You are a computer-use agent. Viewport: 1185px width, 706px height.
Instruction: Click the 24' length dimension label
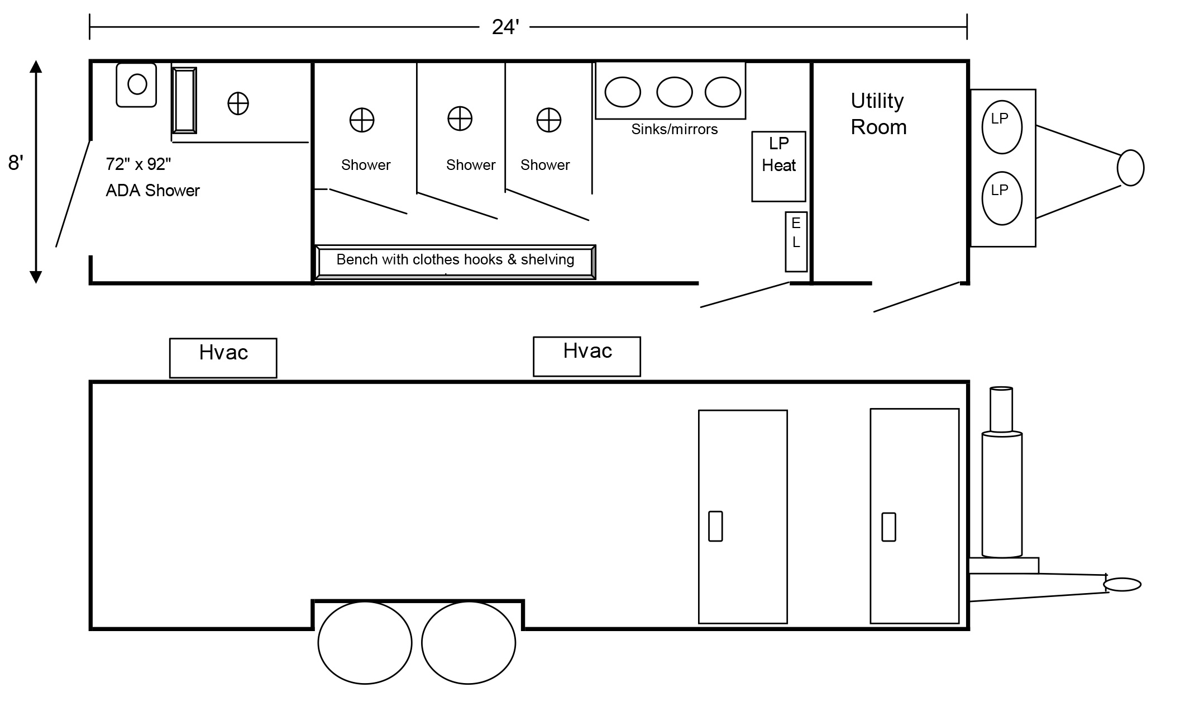pos(505,27)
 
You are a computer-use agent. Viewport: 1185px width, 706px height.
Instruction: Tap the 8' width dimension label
pos(16,163)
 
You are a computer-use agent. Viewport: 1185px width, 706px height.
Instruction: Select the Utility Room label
pos(878,114)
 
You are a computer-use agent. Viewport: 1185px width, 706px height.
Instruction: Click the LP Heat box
pos(778,167)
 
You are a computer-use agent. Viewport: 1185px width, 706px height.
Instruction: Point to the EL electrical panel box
pos(796,241)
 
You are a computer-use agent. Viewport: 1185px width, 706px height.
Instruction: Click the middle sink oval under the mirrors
pos(675,92)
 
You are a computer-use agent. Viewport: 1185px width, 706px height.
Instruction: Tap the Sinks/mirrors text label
pos(675,129)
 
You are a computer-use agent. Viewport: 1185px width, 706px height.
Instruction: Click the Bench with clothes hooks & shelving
pos(455,262)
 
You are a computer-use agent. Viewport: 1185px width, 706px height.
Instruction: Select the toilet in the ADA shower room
pos(136,85)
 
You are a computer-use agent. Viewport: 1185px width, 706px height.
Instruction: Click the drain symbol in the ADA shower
pos(238,103)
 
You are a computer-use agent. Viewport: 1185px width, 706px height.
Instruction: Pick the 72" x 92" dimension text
pos(138,164)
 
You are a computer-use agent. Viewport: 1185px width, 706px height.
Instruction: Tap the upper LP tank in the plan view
pos(1002,127)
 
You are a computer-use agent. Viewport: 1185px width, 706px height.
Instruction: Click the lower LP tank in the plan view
pos(1002,198)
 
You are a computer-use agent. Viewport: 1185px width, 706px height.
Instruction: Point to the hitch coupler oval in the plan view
pos(1130,168)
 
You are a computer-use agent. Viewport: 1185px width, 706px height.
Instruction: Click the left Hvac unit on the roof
pos(223,358)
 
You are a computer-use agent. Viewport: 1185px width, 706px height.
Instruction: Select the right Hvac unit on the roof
pos(587,357)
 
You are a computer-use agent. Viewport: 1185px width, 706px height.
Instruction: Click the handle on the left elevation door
pos(715,526)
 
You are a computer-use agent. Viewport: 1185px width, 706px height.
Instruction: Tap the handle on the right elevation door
pos(888,527)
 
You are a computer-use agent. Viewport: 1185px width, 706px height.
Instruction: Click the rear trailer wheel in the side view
pos(365,643)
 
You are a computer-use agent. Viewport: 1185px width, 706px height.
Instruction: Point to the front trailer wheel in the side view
pos(469,643)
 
